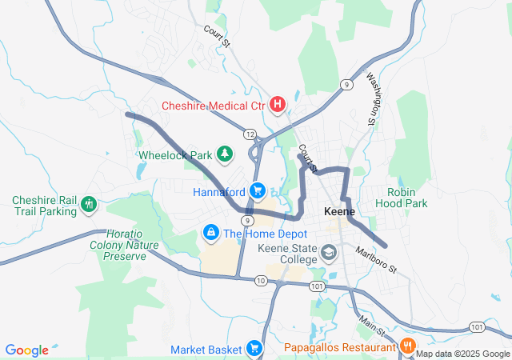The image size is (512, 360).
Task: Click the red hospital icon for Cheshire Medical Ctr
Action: (278, 104)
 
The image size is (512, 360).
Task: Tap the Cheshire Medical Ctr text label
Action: (214, 105)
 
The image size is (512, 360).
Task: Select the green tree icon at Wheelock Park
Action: (226, 154)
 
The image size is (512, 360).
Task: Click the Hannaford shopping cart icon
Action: (257, 191)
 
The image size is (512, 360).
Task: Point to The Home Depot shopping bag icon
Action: (210, 233)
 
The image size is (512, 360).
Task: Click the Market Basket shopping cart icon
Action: (254, 348)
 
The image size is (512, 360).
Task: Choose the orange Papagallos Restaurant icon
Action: (407, 346)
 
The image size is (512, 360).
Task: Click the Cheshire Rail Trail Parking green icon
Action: (88, 206)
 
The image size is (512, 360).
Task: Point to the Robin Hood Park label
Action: (407, 198)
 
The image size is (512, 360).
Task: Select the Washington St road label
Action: (373, 98)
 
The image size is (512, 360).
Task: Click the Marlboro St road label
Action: (376, 262)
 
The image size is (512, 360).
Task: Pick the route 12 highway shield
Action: (250, 134)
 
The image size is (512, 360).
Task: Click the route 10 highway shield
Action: (262, 280)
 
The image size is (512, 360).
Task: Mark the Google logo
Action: (26, 350)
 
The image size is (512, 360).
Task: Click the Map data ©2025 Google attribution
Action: (463, 354)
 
